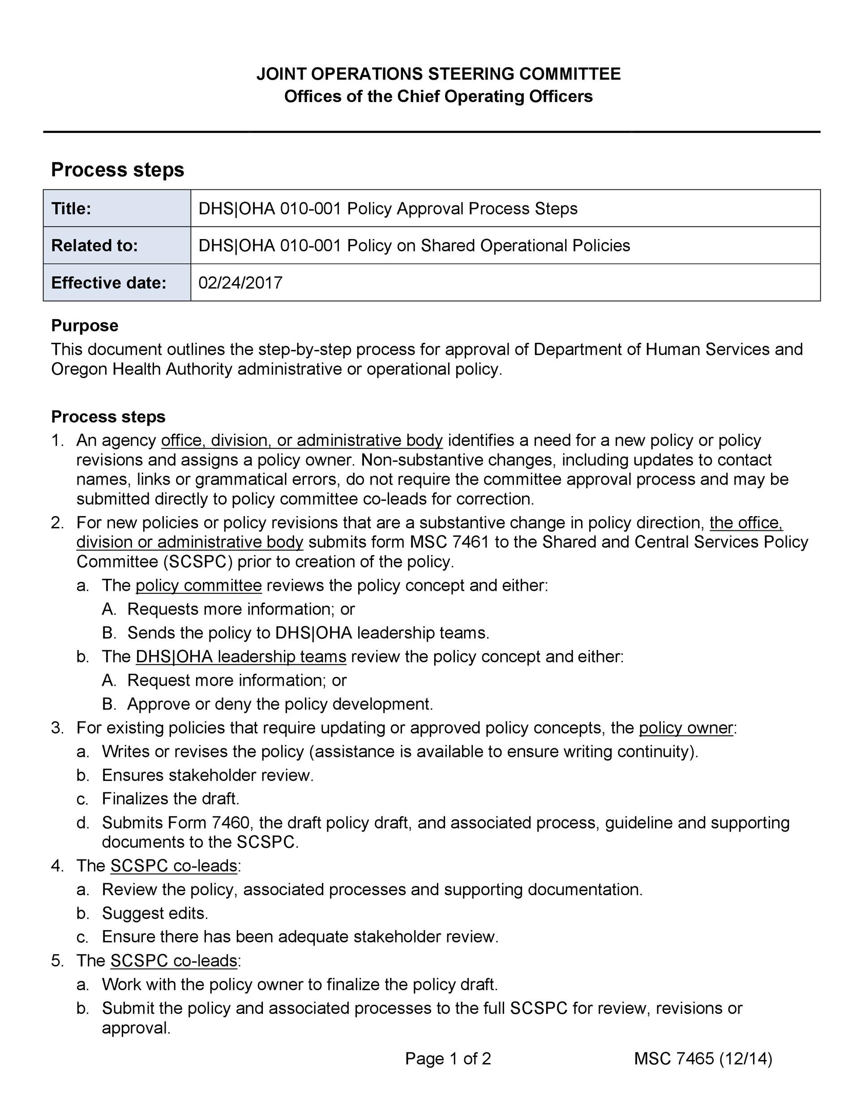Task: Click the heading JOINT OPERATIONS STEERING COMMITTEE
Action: [438, 74]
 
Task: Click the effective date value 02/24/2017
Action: [240, 283]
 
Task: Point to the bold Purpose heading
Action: [85, 325]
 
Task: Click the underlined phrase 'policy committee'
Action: [198, 585]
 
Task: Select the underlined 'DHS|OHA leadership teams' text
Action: [241, 656]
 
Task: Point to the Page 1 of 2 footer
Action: [448, 1059]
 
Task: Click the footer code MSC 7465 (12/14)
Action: [702, 1059]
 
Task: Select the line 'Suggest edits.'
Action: [155, 913]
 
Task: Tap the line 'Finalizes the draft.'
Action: [171, 799]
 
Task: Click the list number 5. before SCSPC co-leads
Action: [57, 961]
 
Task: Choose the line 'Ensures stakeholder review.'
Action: [208, 775]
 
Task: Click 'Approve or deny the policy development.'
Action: [280, 704]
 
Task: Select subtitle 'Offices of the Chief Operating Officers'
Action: [438, 96]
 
